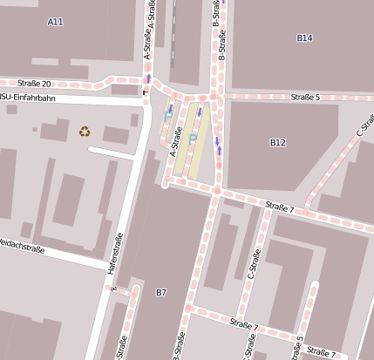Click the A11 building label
pyautogui.click(x=56, y=22)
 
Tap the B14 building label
pyautogui.click(x=304, y=37)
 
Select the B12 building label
pyautogui.click(x=277, y=142)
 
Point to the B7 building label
pyautogui.click(x=160, y=292)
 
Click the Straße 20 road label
pyautogui.click(x=32, y=84)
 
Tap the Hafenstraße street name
pyautogui.click(x=112, y=254)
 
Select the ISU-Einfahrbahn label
pyautogui.click(x=27, y=98)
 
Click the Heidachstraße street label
pyautogui.click(x=22, y=246)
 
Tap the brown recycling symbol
pyautogui.click(x=85, y=132)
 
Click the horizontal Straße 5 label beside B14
pyautogui.click(x=305, y=97)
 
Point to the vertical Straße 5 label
pyautogui.click(x=298, y=348)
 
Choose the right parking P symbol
pyautogui.click(x=192, y=139)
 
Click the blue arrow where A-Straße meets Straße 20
pyautogui.click(x=149, y=78)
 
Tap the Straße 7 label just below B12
pyautogui.click(x=280, y=207)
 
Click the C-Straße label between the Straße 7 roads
pyautogui.click(x=252, y=270)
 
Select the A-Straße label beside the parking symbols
pyautogui.click(x=177, y=144)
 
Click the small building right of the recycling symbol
pyautogui.click(x=116, y=135)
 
